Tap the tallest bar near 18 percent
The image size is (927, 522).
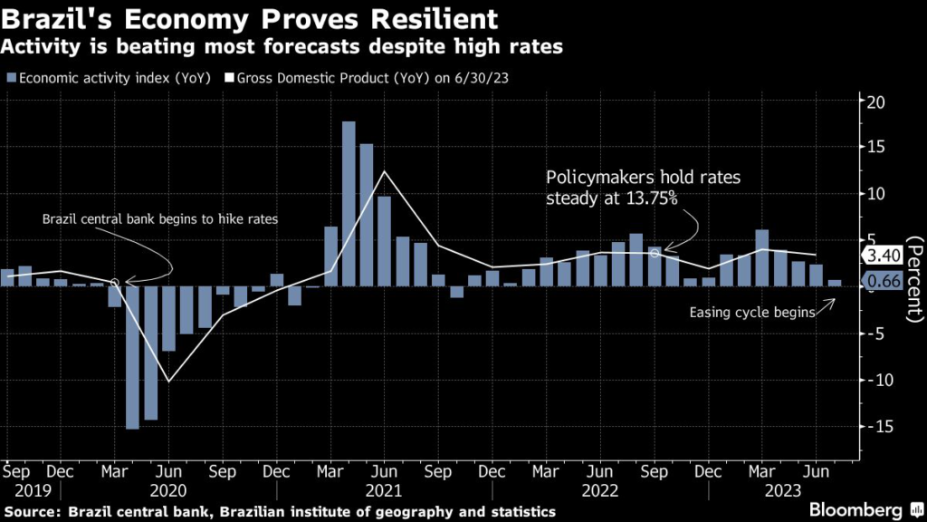point(349,203)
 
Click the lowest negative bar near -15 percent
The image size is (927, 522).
point(132,357)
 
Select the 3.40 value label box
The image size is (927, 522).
point(881,255)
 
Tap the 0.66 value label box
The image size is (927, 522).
point(881,281)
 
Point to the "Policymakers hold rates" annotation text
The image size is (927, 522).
point(642,179)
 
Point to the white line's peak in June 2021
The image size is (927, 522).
point(384,171)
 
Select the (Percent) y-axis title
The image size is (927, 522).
point(913,277)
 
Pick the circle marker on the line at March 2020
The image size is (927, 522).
point(115,283)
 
